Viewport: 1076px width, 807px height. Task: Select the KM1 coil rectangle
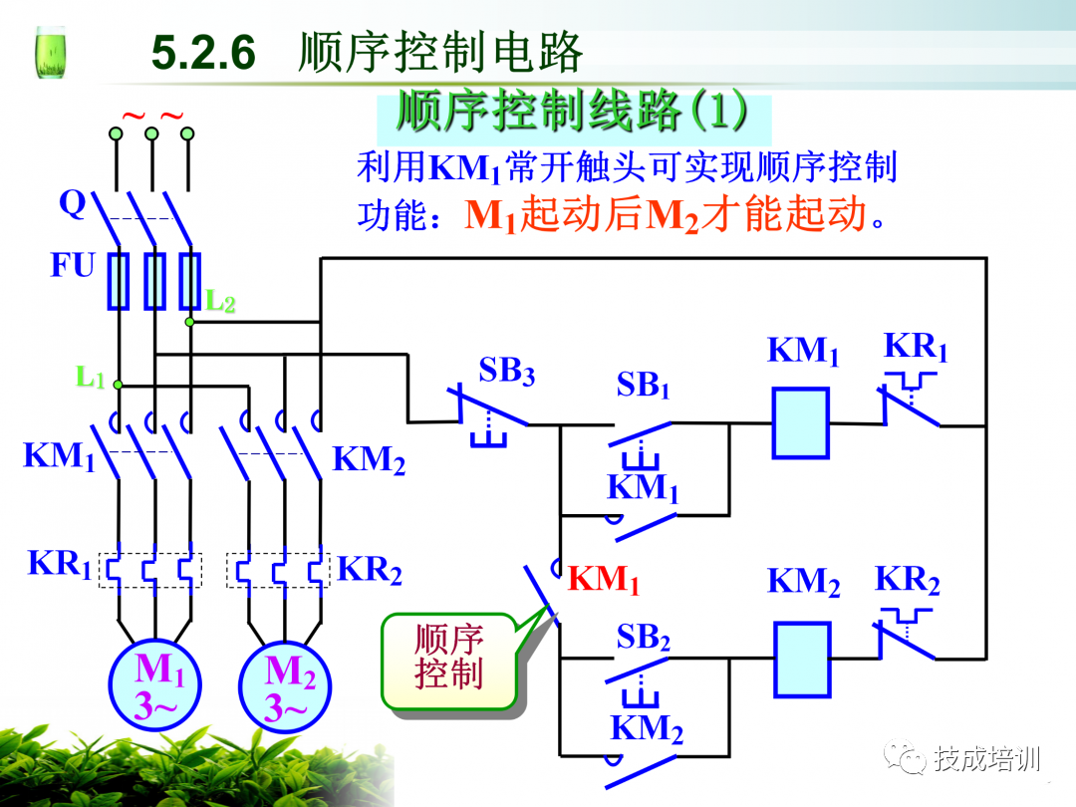tap(801, 422)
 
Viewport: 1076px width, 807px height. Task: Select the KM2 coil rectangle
tap(802, 659)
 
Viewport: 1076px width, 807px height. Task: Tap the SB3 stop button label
tap(506, 371)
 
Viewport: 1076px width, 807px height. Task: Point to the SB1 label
tap(643, 385)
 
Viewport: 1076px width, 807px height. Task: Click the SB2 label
tap(643, 638)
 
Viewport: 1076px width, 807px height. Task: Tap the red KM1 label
tap(604, 580)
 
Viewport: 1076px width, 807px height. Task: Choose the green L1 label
tap(90, 377)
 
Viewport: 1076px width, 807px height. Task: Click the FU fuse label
tap(73, 266)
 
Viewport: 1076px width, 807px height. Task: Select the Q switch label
tap(73, 203)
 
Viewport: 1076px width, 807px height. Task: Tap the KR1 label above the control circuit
tap(916, 347)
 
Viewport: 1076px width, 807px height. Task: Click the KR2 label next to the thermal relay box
tap(369, 570)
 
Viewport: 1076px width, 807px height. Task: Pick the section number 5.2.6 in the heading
tap(204, 53)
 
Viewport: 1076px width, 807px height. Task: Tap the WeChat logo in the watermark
tap(907, 759)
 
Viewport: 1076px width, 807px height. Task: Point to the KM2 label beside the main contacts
tap(369, 460)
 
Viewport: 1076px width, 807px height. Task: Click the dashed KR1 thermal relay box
tap(149, 570)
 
